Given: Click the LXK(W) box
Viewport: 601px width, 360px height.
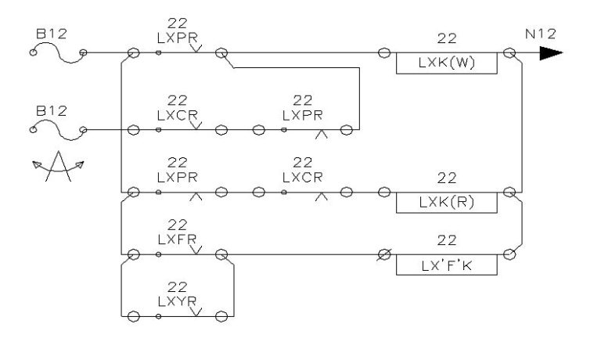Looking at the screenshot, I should click(447, 63).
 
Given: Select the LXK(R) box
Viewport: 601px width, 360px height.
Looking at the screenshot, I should click(447, 202).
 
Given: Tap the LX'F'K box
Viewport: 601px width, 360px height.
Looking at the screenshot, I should click(447, 265).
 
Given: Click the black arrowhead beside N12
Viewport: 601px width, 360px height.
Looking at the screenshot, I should click(550, 53).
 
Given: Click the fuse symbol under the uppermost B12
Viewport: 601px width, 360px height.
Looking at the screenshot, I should click(58, 52).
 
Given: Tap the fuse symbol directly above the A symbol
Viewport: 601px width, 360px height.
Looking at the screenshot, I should click(58, 129).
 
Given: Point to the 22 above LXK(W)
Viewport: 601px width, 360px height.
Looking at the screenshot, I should click(447, 38).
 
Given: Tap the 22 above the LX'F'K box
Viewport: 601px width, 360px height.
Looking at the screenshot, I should click(447, 240).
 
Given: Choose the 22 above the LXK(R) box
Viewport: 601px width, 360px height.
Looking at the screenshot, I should click(447, 177).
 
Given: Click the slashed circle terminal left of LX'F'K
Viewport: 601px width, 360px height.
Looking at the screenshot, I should click(384, 254).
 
